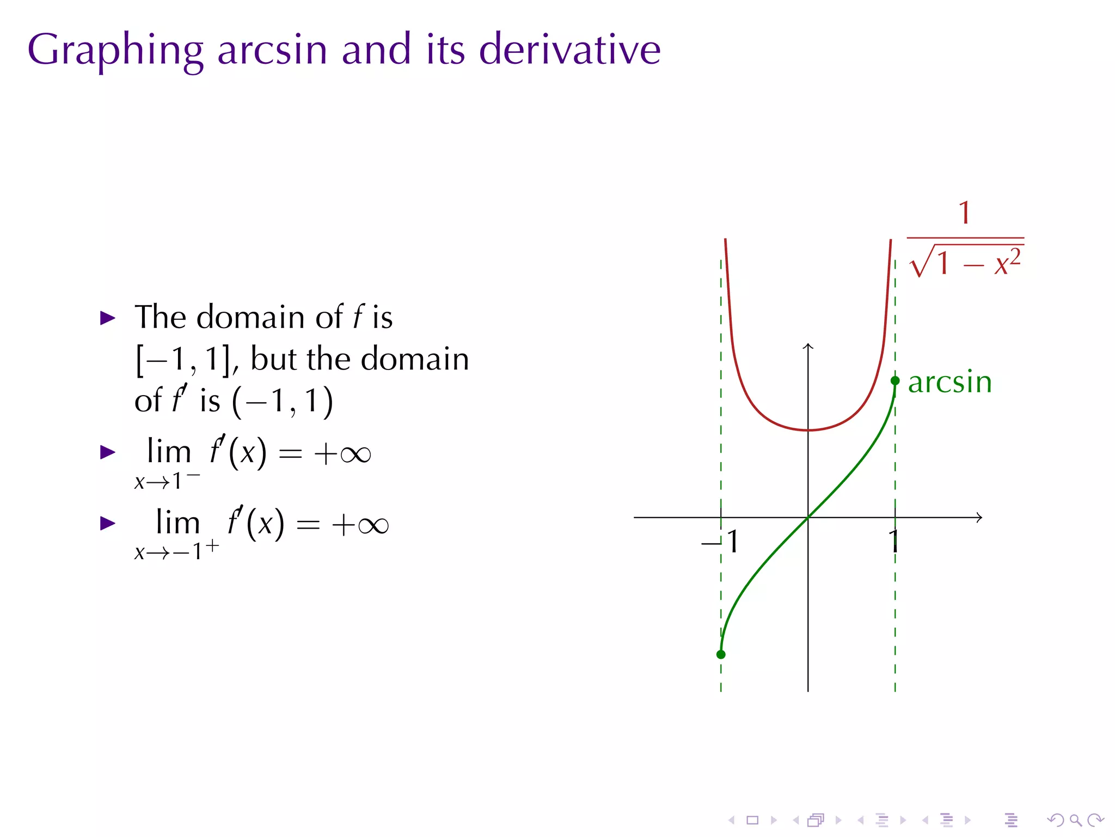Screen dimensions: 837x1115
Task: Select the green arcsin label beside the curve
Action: (x=949, y=382)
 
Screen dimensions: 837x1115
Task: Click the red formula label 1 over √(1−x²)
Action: (x=965, y=240)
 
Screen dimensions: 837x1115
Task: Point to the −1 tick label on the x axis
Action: (x=720, y=542)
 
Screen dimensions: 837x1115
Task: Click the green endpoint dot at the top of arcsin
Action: (x=895, y=380)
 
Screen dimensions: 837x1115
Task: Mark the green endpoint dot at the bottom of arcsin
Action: (x=721, y=654)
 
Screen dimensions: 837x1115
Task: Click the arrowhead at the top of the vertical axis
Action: (x=808, y=345)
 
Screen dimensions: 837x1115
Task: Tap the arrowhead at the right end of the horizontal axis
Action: (x=979, y=517)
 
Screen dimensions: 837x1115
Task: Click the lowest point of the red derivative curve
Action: (x=808, y=430)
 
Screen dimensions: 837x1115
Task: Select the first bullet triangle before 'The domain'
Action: (x=108, y=318)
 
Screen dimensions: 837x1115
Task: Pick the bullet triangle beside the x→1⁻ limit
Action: (x=108, y=452)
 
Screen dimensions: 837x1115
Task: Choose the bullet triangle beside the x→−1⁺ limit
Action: (x=108, y=524)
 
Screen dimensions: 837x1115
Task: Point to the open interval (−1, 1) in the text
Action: (x=283, y=402)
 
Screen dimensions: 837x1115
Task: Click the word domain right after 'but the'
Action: (x=415, y=359)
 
